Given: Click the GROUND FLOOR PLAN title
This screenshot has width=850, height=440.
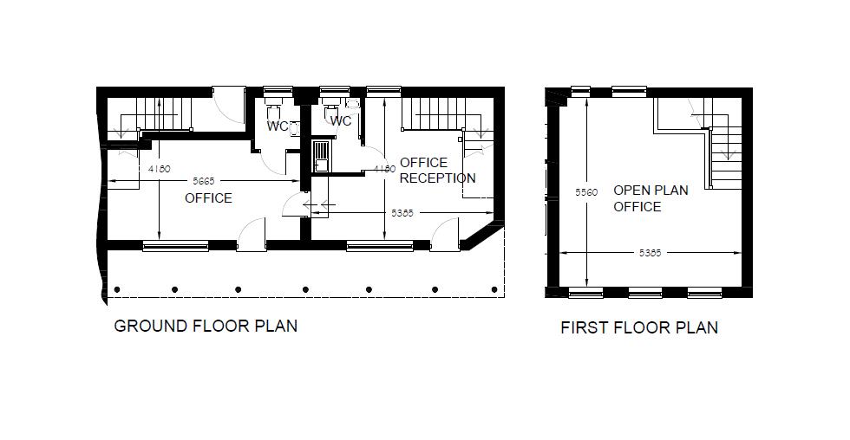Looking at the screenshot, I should [x=206, y=327].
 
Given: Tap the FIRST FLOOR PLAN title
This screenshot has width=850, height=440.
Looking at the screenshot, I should [x=639, y=327].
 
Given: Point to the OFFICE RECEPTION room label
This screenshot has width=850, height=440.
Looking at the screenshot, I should [x=437, y=171].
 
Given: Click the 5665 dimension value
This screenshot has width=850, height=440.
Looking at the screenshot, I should [x=204, y=181].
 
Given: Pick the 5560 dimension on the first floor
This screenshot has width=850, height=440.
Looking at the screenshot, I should [x=586, y=192].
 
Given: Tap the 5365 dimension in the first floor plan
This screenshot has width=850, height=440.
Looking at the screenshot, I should [x=650, y=253].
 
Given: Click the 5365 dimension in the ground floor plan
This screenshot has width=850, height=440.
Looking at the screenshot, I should [x=402, y=212].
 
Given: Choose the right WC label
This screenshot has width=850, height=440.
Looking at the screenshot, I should [x=341, y=121].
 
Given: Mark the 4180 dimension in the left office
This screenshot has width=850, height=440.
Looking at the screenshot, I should [x=159, y=168].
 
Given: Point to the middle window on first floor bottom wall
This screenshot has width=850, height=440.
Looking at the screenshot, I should [x=645, y=293].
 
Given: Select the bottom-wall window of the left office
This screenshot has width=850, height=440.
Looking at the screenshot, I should [x=175, y=246].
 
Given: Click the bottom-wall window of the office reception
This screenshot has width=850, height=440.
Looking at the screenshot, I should [x=379, y=246].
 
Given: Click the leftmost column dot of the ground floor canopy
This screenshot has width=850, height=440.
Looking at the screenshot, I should [x=117, y=289].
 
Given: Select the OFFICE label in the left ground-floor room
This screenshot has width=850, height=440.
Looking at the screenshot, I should [x=208, y=198].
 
